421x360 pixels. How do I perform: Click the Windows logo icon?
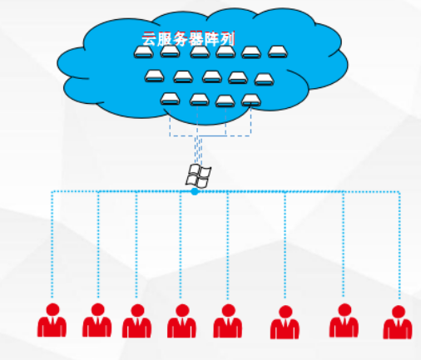pos(198,175)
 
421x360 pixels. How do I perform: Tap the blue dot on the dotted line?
pos(195,191)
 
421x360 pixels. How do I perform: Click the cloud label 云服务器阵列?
pos(188,39)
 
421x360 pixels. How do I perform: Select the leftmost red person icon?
pos(52,320)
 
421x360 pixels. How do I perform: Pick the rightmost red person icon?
pos(398,322)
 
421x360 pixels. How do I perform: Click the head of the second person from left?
pos(97,309)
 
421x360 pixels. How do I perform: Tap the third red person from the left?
pos(137,321)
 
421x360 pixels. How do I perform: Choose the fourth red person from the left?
pos(182,321)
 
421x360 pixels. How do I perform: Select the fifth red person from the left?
pos(228,321)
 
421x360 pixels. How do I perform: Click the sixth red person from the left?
pos(285,322)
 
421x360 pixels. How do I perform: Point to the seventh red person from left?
pos(344,320)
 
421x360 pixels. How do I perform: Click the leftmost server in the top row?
pos(144,52)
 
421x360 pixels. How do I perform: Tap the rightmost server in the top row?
pos(278,52)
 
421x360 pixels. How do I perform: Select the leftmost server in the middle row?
pos(155,76)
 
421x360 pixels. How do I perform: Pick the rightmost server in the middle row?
pos(265,79)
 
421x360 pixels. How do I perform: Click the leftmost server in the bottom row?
pos(170,99)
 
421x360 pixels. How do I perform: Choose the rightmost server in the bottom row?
pos(251,101)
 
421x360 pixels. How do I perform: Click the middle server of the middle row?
pos(212,76)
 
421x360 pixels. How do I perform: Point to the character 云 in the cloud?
pos(149,39)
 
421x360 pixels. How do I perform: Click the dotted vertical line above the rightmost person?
pos(399,245)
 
